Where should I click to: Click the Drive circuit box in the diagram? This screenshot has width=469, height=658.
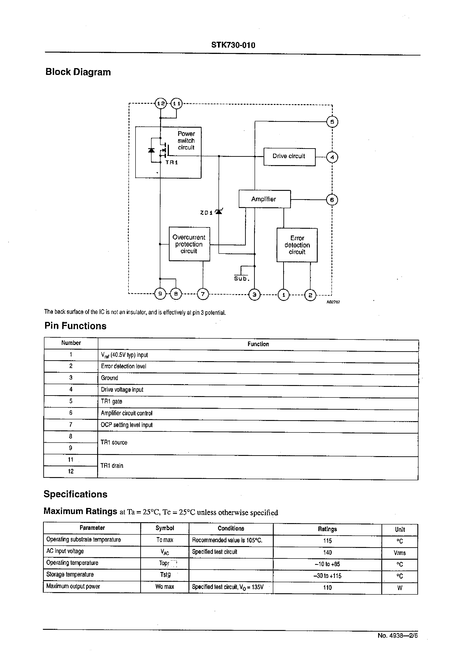click(x=289, y=157)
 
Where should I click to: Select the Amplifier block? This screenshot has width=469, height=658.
click(x=264, y=199)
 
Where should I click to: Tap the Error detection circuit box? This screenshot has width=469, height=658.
click(x=297, y=245)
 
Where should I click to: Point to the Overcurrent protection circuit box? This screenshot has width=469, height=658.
click(x=189, y=244)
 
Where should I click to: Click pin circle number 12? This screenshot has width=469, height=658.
click(x=161, y=103)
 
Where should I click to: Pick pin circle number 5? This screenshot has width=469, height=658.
click(x=332, y=122)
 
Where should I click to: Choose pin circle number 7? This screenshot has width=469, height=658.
click(x=203, y=294)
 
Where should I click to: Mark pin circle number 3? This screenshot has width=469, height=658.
click(x=254, y=295)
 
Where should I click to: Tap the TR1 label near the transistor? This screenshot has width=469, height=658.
click(x=172, y=163)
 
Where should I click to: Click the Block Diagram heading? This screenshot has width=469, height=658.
click(x=78, y=72)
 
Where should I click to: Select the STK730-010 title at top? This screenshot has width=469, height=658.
click(x=233, y=45)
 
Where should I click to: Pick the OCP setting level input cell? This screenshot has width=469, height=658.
click(x=126, y=425)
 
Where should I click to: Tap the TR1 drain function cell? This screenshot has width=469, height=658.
click(x=112, y=466)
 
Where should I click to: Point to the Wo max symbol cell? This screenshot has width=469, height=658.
click(x=165, y=587)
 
